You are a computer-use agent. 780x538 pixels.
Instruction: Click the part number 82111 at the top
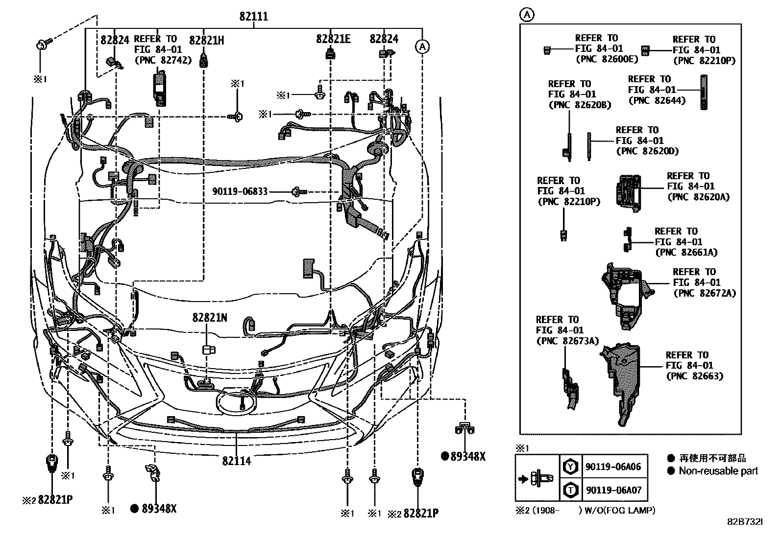[253, 16]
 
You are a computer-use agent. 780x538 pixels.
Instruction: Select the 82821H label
[206, 40]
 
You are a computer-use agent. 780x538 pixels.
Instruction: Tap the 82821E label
[333, 39]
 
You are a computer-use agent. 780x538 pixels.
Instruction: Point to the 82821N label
[209, 318]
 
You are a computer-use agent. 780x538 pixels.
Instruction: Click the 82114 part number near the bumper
[236, 461]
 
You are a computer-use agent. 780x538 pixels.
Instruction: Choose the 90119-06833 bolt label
[240, 191]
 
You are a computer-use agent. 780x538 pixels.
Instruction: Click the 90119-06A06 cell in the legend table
[612, 467]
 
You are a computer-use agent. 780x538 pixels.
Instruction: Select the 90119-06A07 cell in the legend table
[612, 490]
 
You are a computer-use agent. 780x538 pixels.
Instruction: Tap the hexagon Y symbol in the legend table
[570, 467]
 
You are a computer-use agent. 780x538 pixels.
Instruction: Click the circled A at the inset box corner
[527, 15]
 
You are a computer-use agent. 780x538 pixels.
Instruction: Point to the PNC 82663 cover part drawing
[621, 382]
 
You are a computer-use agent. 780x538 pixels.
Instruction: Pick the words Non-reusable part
[718, 471]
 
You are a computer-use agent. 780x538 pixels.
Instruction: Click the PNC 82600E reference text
[607, 59]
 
